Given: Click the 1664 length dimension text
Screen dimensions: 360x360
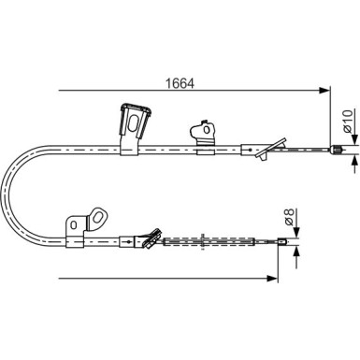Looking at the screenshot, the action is tap(180, 83).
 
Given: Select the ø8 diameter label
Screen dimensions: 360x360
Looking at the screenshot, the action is tap(289, 217).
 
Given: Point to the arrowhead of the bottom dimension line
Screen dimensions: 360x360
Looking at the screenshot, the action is tap(271, 278).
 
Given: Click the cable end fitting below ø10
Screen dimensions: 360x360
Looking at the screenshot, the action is tap(336, 150).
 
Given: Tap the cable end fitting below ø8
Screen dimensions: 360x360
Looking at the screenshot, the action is tap(282, 241).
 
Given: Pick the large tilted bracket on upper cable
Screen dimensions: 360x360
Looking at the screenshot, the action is tap(134, 128).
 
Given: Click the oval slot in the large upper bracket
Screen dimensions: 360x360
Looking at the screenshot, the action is tap(133, 123).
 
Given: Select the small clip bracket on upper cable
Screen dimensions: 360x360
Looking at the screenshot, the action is tap(204, 137).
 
